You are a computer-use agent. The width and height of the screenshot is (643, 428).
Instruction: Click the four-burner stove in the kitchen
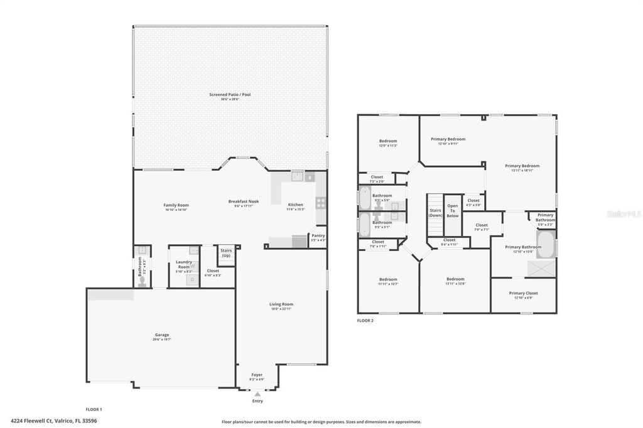coord(320,203)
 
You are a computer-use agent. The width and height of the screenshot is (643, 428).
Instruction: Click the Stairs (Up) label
coord(225,253)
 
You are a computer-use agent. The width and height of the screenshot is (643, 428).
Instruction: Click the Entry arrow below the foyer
coord(257,394)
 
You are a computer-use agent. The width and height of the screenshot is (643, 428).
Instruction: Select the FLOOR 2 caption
coord(365,320)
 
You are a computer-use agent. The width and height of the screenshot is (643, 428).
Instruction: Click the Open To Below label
coord(453,211)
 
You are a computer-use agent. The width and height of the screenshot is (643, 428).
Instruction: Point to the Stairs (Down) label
coord(435,213)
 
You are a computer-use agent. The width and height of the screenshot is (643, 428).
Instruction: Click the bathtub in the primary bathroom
coord(548,245)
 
